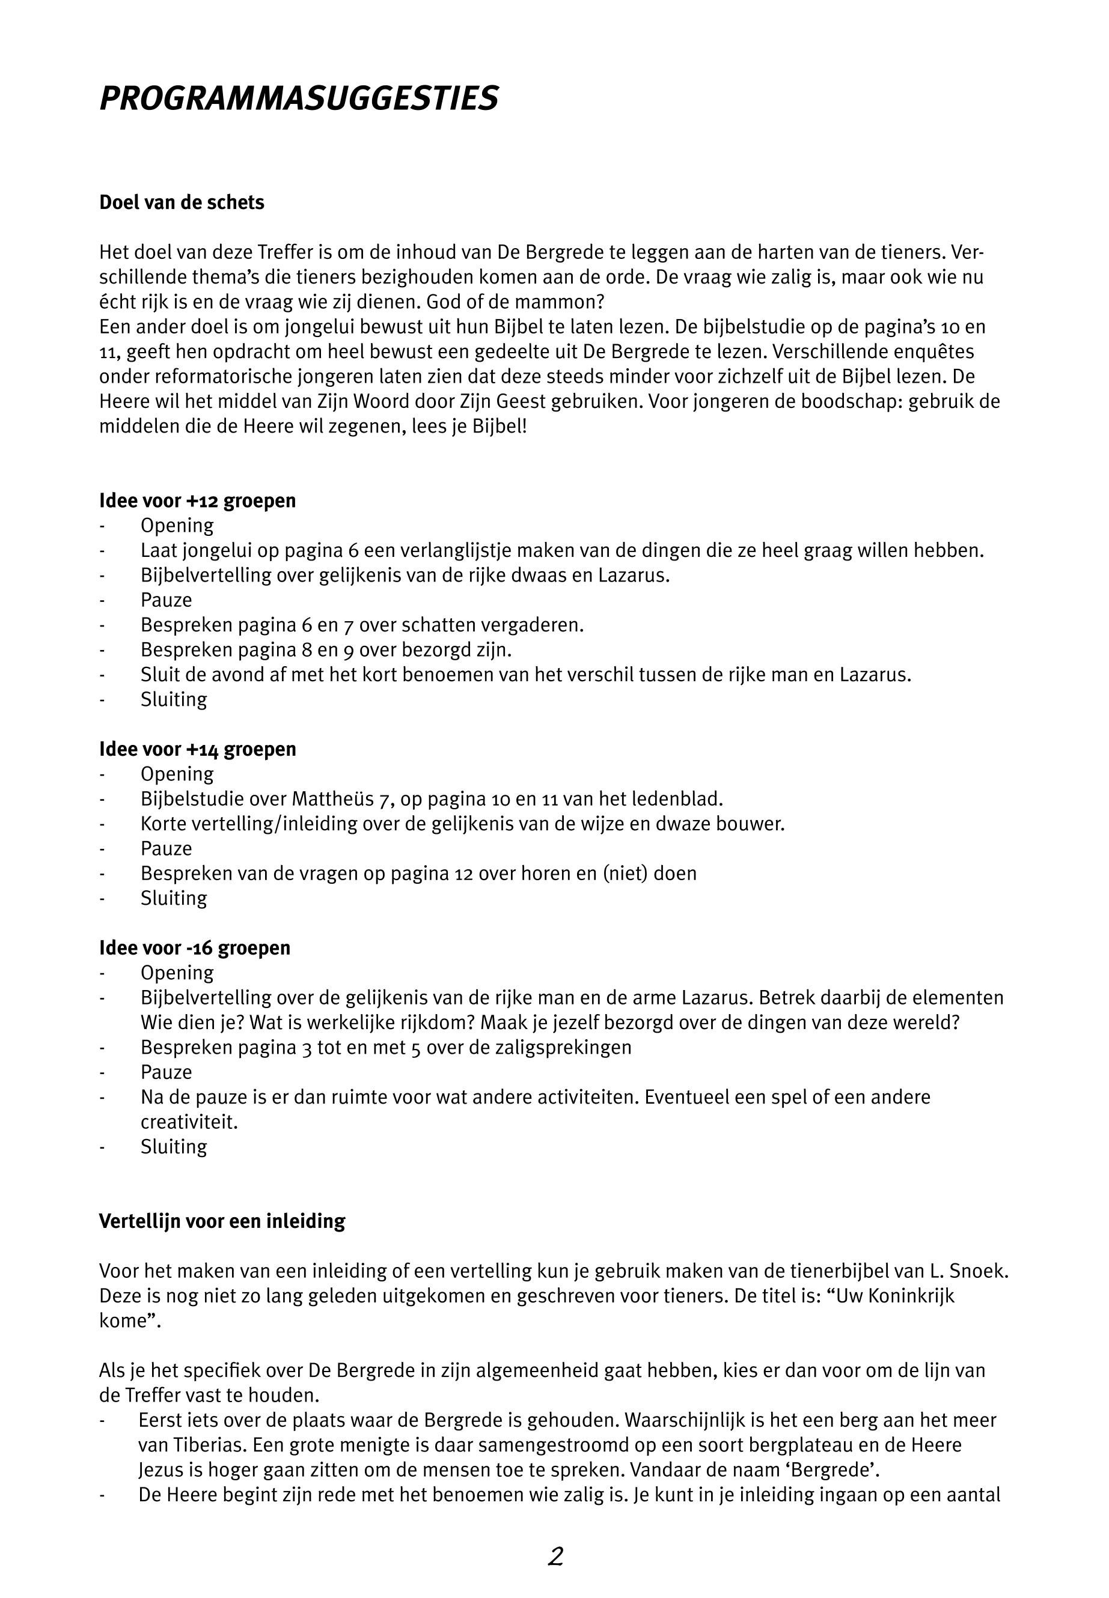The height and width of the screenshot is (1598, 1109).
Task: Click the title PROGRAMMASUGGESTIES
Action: coord(299,99)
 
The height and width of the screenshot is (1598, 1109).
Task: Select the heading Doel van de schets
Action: coord(182,203)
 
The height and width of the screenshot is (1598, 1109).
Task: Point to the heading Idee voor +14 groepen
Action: coord(197,749)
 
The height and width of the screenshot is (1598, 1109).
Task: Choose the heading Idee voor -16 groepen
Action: coord(195,948)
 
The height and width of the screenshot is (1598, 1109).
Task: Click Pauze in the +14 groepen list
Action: coord(166,849)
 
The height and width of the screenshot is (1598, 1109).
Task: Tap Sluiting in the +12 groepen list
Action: coord(174,699)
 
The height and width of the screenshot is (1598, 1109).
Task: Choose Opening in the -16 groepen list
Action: coord(177,973)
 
